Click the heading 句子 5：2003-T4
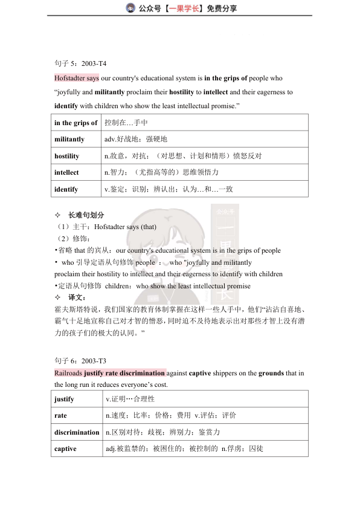point(80,63)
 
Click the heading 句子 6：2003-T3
point(80,361)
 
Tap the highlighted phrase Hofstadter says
point(76,79)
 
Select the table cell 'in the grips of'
point(76,123)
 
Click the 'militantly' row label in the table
point(69,139)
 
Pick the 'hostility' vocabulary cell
point(67,156)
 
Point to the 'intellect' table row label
point(66,172)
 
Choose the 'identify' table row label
point(66,189)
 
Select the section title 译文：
point(77,297)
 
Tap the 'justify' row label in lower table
point(64,399)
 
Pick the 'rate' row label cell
point(60,416)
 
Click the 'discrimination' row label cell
point(77,432)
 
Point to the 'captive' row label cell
point(65,449)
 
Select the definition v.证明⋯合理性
point(130,399)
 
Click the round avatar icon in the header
point(130,8)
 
